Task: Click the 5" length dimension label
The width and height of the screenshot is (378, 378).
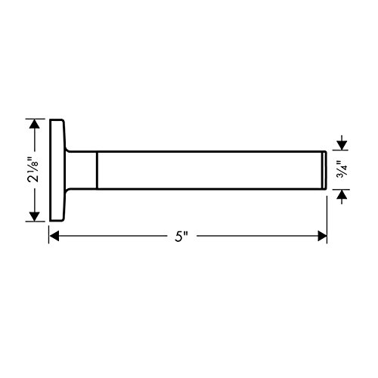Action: click(x=181, y=237)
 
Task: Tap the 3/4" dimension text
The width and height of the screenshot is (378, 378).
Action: click(x=342, y=169)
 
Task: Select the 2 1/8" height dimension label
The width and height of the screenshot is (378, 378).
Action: click(x=33, y=170)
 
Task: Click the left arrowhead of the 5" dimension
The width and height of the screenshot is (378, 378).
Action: click(x=54, y=236)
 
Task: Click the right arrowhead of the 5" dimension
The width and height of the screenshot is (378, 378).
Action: click(x=322, y=236)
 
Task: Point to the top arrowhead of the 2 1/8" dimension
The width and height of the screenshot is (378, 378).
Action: click(x=34, y=123)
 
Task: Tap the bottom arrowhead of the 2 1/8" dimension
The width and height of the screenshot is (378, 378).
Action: click(x=34, y=217)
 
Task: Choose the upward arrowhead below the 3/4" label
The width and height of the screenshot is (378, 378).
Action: click(x=342, y=194)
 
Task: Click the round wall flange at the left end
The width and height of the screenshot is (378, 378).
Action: click(x=57, y=170)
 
